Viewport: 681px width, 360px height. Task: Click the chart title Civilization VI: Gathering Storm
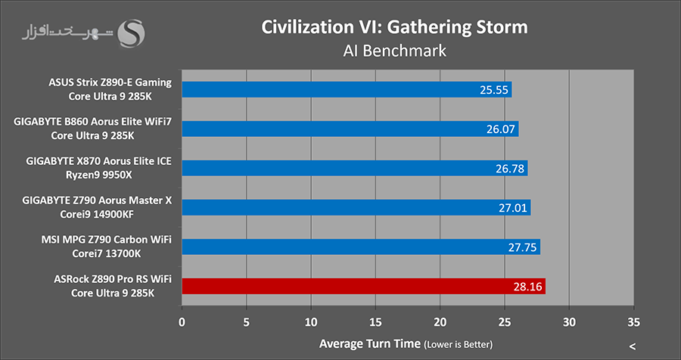click(x=393, y=26)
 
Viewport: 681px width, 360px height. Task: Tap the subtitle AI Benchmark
click(x=393, y=51)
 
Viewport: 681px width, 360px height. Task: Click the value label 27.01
click(x=510, y=207)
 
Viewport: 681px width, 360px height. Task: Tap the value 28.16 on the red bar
click(x=525, y=286)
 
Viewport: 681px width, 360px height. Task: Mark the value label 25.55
click(x=492, y=90)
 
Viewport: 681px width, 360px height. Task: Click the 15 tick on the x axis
click(x=375, y=321)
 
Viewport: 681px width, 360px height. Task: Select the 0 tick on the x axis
click(x=182, y=321)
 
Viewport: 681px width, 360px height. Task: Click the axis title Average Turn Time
click(x=368, y=343)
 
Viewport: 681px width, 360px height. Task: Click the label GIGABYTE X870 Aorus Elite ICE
click(x=99, y=161)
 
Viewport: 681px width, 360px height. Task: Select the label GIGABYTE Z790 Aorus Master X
click(x=99, y=200)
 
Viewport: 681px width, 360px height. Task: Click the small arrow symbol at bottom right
click(x=632, y=346)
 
